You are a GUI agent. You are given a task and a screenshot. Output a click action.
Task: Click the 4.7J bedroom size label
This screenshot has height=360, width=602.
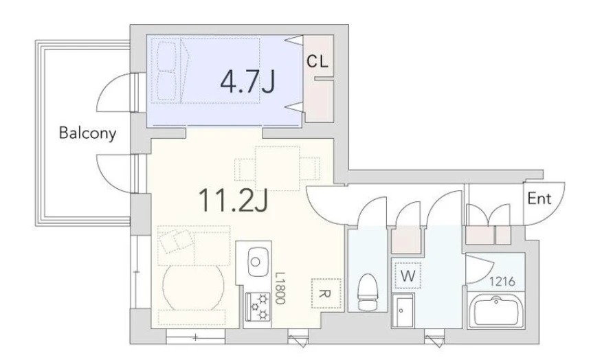[x=247, y=82]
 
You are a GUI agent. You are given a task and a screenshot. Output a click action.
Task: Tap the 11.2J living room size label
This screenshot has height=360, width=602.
[x=233, y=200]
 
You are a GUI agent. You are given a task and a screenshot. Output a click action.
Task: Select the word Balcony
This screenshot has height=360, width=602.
[x=87, y=133]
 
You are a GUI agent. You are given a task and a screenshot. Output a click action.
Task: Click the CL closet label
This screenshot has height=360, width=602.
[x=317, y=61]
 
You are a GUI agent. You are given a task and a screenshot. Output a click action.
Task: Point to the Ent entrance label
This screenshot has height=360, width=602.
[x=539, y=199]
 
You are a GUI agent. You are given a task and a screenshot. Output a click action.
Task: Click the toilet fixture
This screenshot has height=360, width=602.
[x=368, y=292]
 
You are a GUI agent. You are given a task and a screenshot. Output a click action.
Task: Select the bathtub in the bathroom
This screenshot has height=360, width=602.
[x=495, y=311]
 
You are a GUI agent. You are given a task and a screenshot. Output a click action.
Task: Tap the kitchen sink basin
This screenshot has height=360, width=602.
[x=258, y=262]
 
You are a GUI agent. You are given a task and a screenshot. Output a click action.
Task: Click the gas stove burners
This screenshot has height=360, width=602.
[x=258, y=306]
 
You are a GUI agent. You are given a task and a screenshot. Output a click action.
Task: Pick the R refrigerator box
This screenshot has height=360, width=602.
[x=326, y=293]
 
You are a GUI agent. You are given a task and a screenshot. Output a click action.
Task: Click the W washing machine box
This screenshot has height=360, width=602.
[x=408, y=275]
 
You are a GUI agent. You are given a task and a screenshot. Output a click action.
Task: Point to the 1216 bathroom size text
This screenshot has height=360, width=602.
[x=502, y=282]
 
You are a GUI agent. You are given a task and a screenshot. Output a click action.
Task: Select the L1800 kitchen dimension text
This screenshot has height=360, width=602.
[x=280, y=289]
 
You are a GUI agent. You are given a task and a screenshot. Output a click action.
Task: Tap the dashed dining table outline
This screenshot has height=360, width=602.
[x=277, y=168]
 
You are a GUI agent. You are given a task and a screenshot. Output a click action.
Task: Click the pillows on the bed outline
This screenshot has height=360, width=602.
[x=168, y=71]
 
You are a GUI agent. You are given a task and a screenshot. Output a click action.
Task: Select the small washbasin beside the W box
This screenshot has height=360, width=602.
[x=403, y=311]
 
